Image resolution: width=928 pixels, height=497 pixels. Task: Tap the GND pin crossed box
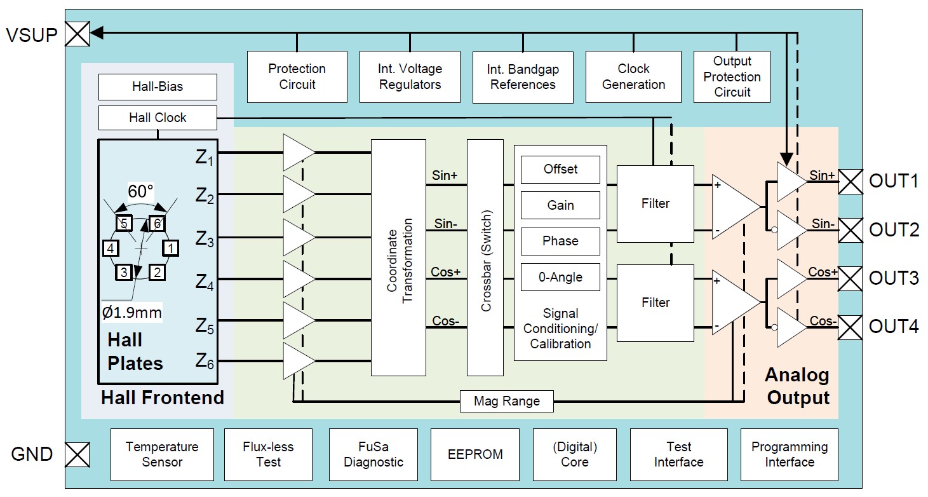point(77,454)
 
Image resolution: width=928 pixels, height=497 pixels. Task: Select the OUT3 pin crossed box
point(851,278)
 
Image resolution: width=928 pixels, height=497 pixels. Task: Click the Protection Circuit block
point(297,76)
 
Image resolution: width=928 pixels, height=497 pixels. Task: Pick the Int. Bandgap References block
point(523,76)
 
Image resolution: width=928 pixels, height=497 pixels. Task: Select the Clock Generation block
point(633,76)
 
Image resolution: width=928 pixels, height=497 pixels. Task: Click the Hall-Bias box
point(158,86)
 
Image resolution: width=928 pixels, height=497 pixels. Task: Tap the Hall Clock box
point(158,118)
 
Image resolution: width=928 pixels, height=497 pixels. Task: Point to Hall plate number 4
point(111,247)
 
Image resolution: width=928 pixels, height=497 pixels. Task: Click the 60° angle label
point(141,191)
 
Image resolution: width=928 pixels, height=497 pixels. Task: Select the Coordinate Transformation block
point(398,257)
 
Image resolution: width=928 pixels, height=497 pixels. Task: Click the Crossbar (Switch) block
point(485,257)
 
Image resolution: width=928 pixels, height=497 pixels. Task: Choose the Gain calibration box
point(560,205)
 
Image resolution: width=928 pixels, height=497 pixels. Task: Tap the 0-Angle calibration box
point(560,277)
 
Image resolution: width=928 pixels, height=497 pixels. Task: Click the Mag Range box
point(506,401)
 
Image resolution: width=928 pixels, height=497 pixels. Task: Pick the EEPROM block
point(475,454)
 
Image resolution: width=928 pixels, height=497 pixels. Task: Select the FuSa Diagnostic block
point(373,454)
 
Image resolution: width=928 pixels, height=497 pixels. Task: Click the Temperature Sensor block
point(162,454)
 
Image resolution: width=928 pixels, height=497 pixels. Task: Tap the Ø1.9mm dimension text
point(132,313)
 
